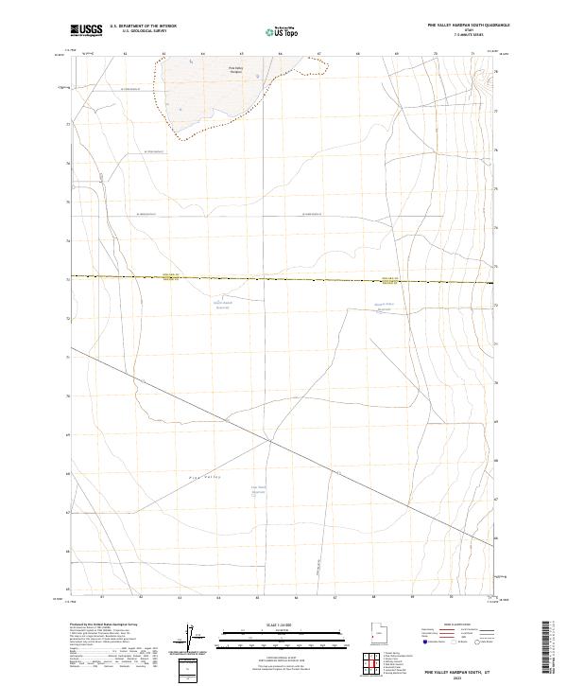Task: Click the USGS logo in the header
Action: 87,30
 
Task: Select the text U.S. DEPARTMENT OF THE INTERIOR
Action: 143,26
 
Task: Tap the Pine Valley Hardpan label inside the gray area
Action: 236,69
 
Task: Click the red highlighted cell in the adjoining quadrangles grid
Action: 375,665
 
